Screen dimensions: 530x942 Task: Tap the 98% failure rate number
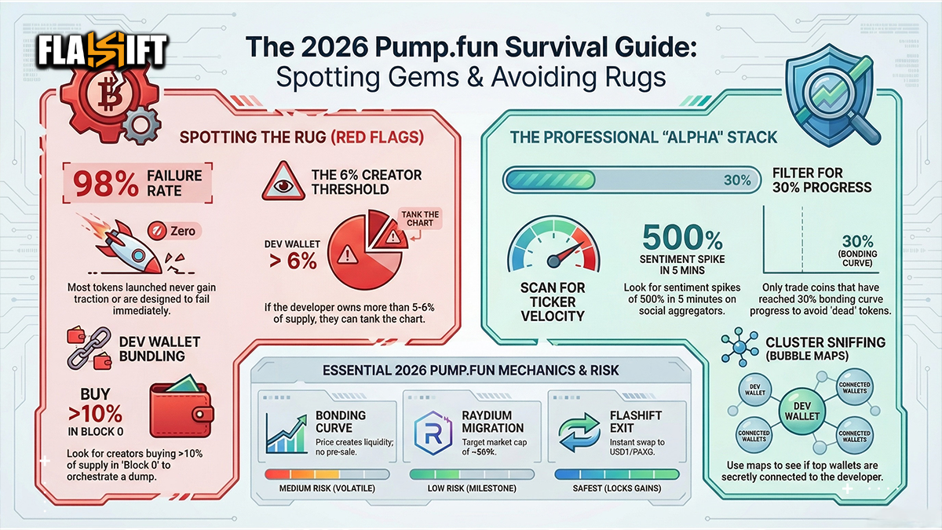click(104, 183)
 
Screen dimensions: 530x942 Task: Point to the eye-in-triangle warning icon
click(284, 182)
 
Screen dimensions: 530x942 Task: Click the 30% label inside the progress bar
click(736, 181)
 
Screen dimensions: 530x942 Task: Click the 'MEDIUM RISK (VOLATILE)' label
click(327, 489)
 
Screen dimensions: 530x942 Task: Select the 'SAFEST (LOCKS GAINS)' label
click(617, 489)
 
